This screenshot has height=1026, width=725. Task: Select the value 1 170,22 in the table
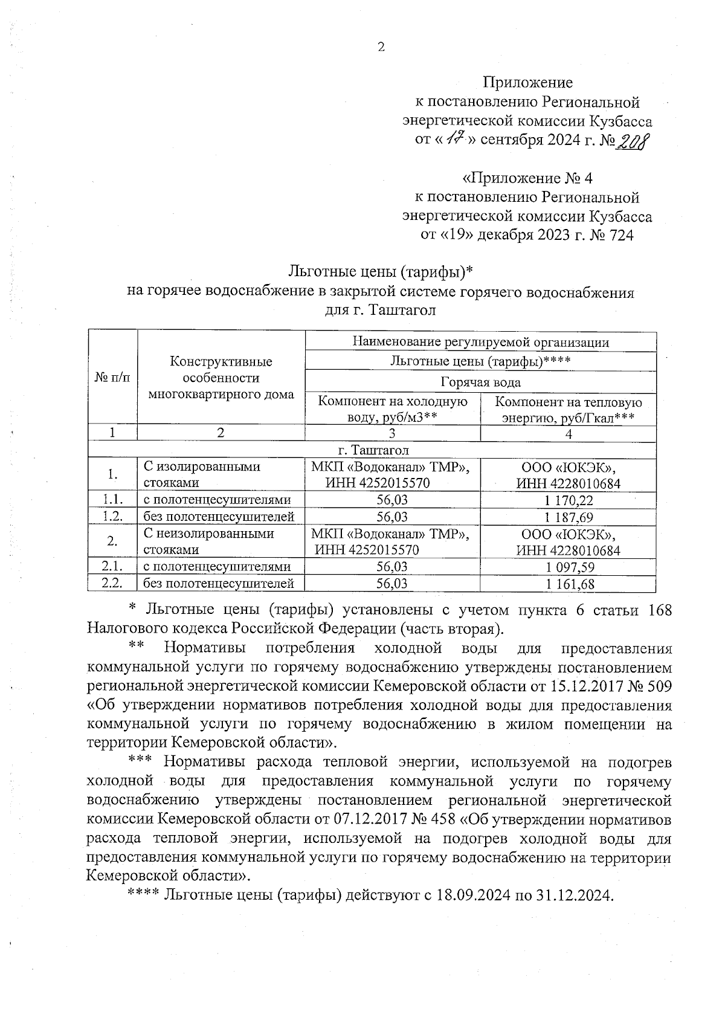[568, 500]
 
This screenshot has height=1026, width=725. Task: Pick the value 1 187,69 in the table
[568, 517]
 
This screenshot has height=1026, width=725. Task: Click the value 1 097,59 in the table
[568, 567]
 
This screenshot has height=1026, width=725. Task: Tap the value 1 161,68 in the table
[568, 584]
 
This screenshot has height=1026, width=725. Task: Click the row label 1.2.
[112, 517]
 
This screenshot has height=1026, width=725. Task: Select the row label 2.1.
[112, 566]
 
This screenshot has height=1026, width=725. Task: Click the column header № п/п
[112, 378]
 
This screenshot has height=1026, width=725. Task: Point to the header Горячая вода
[480, 382]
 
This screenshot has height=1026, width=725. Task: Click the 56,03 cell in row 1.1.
[392, 500]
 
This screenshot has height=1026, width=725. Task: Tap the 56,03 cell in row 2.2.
[392, 584]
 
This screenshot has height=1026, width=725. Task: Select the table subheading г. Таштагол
[373, 450]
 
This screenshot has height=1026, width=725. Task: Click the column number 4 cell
[568, 433]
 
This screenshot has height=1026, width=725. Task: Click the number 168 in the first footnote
[659, 610]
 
